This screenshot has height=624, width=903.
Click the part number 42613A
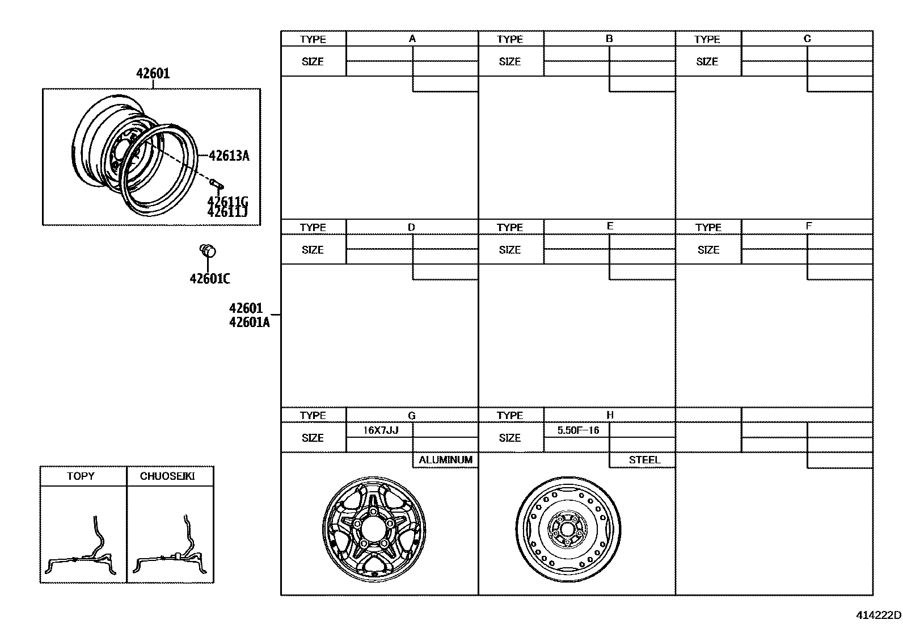click(229, 156)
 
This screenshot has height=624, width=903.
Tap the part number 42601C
click(210, 278)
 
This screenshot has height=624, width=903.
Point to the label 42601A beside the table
click(250, 322)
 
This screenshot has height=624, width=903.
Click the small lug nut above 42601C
click(208, 250)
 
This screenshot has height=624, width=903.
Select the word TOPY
click(81, 476)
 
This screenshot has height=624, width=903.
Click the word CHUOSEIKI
click(167, 476)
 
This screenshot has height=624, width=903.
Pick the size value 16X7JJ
click(381, 430)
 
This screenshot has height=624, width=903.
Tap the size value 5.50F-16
click(579, 430)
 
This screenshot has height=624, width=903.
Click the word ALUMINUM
click(445, 460)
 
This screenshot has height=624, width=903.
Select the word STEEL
click(644, 460)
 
